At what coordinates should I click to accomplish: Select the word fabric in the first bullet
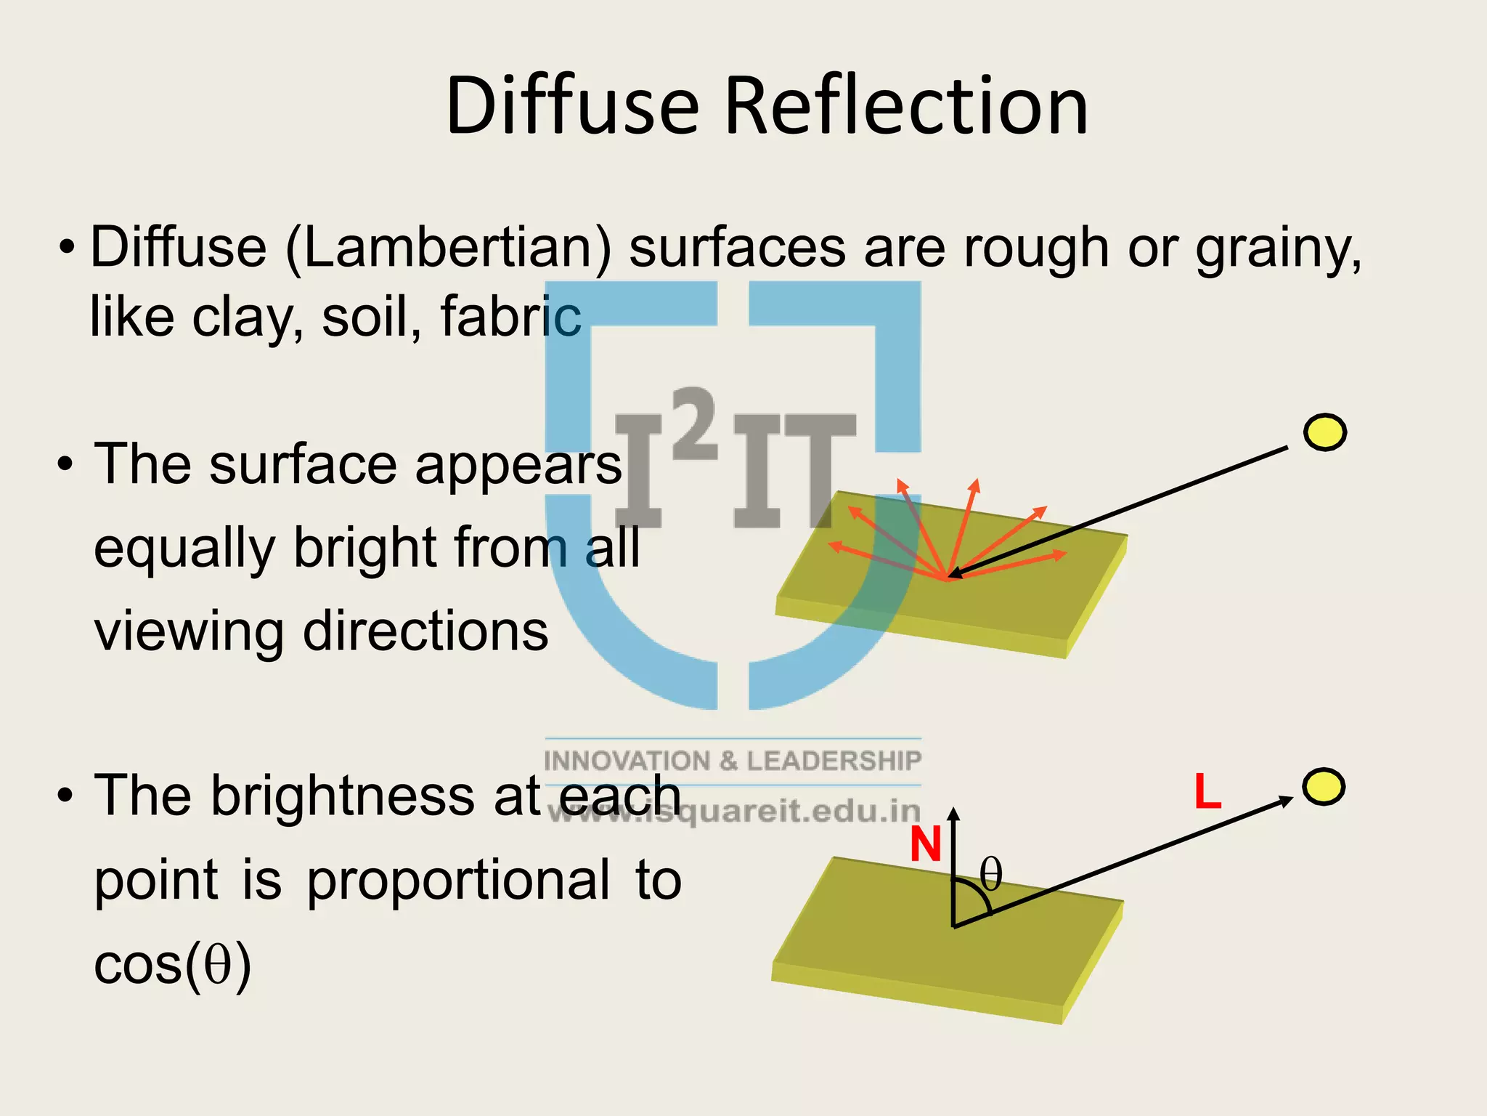pos(510,317)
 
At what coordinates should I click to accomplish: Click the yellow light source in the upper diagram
pos(1324,433)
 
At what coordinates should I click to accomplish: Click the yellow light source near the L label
pos(1323,787)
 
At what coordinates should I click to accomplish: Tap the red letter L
pos(1207,792)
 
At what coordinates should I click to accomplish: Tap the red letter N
pos(926,845)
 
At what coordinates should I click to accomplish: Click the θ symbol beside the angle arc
pos(991,874)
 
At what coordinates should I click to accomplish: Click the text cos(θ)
pos(173,966)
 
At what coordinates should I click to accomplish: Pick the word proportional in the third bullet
pos(458,881)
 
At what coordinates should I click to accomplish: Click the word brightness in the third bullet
pos(344,796)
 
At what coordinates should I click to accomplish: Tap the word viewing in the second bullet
pos(189,631)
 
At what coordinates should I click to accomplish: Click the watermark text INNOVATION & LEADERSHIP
pos(732,761)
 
